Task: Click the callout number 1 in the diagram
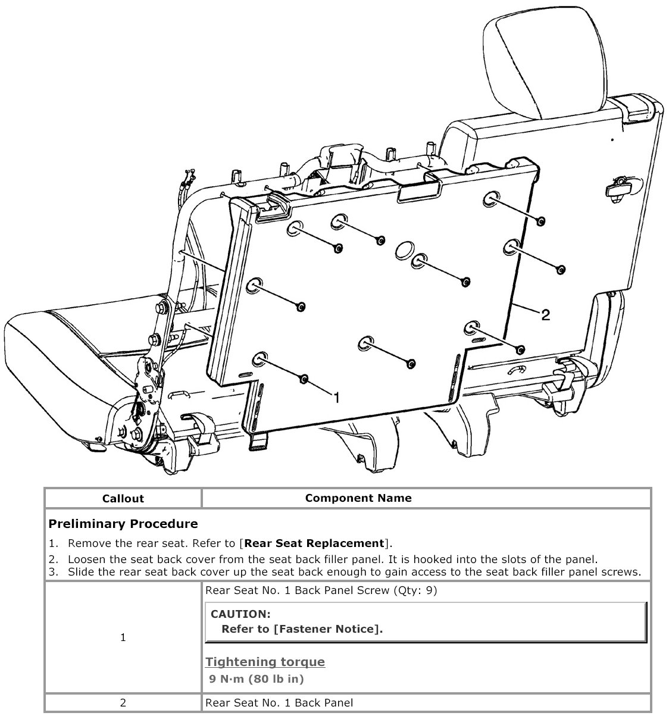tap(337, 397)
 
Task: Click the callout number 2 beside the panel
tap(545, 314)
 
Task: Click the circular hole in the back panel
tap(405, 249)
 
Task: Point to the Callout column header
tap(123, 498)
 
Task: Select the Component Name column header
tap(358, 498)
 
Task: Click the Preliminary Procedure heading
tap(123, 524)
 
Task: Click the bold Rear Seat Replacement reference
tap(314, 543)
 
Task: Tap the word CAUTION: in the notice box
tap(240, 614)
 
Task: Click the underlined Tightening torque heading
tap(265, 662)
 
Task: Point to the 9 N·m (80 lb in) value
tap(257, 679)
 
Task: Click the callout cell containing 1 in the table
tap(123, 637)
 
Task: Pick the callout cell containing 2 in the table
tap(123, 703)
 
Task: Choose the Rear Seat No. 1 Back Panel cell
tap(279, 703)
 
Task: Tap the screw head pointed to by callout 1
tap(304, 379)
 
